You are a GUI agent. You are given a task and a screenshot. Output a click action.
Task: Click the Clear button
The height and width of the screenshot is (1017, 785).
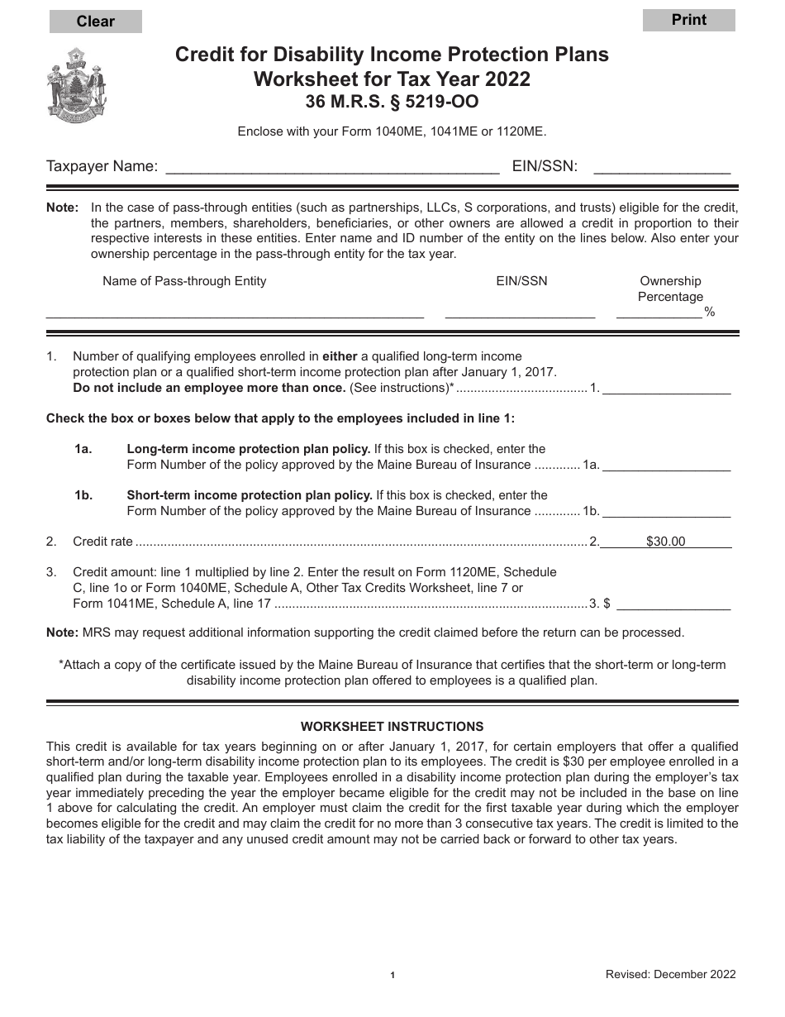pyautogui.click(x=95, y=21)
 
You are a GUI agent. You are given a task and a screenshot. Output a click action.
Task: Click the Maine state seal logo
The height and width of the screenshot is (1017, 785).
pyautogui.click(x=77, y=85)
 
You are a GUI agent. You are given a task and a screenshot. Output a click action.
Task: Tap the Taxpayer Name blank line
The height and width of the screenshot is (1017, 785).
pyautogui.click(x=332, y=167)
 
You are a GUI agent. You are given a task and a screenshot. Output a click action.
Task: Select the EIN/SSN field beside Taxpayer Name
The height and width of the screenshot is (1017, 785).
pyautogui.click(x=662, y=167)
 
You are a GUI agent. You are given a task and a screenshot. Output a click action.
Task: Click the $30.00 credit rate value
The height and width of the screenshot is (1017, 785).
pyautogui.click(x=665, y=542)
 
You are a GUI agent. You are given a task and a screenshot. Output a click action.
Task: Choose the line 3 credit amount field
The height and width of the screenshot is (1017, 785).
pyautogui.click(x=673, y=604)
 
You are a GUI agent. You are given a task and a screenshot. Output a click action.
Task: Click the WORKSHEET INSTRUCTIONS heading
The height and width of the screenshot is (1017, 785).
pyautogui.click(x=392, y=727)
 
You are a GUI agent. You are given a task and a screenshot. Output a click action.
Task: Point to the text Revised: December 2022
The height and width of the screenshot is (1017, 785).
pyautogui.click(x=670, y=974)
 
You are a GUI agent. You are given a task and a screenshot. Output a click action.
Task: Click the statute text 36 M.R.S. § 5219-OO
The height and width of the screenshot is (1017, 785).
pyautogui.click(x=392, y=103)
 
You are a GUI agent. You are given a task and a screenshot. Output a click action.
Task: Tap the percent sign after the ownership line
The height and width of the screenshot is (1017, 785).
pyautogui.click(x=710, y=312)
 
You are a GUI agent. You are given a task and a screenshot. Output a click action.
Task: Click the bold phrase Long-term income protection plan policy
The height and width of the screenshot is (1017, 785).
pyautogui.click(x=248, y=449)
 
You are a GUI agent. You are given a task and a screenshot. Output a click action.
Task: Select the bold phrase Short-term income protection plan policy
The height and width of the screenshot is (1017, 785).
pyautogui.click(x=250, y=495)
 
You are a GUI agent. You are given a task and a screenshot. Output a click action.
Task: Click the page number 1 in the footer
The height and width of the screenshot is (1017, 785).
pyautogui.click(x=392, y=976)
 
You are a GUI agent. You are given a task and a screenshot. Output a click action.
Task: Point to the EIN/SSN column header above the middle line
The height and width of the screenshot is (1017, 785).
pyautogui.click(x=521, y=281)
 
